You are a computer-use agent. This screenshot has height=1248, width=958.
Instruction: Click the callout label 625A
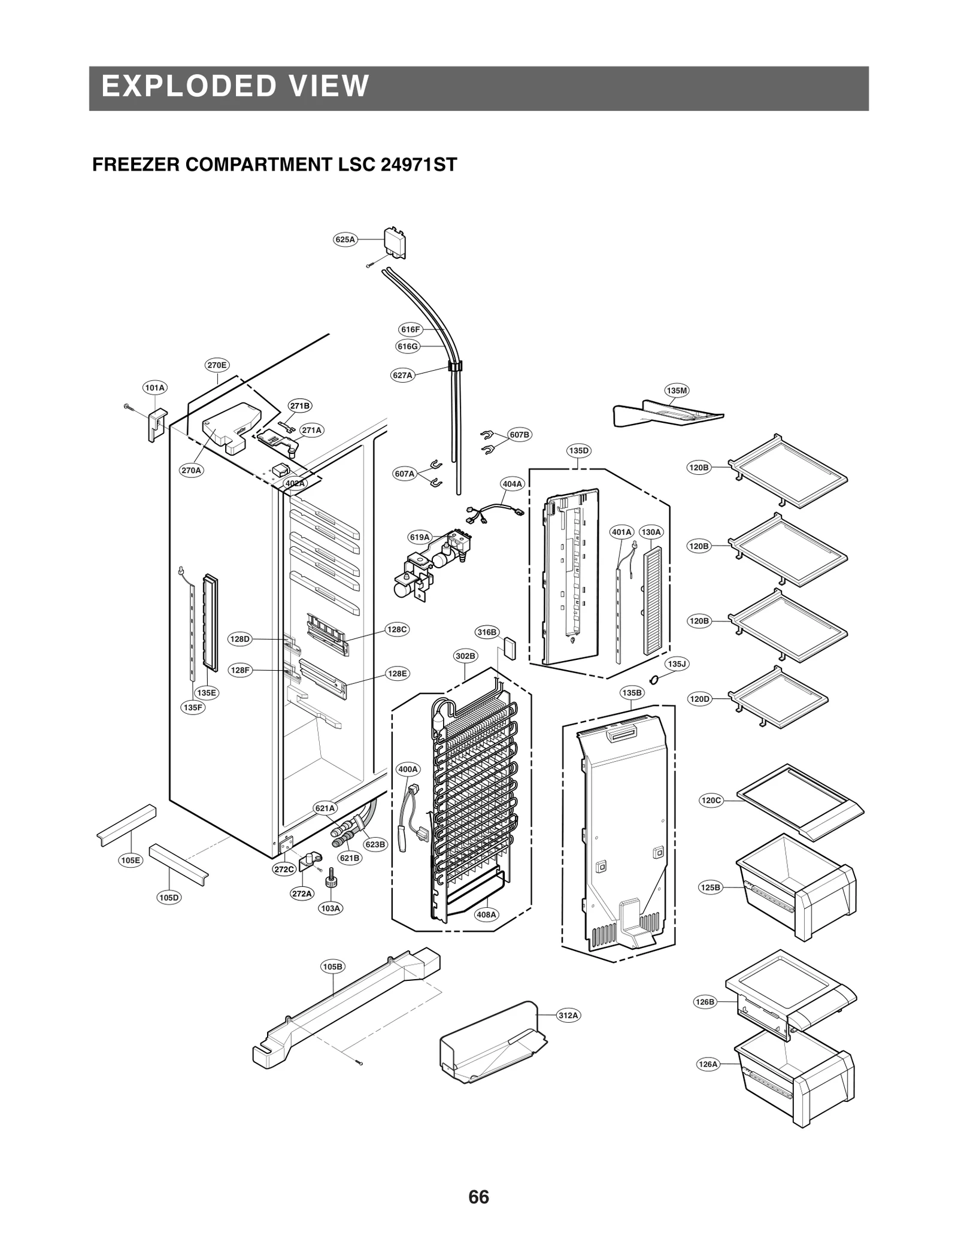tap(345, 240)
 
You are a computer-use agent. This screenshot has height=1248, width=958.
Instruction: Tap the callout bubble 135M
tap(677, 390)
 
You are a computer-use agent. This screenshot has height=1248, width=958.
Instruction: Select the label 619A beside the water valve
tap(420, 537)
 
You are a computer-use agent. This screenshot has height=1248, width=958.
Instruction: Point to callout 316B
tap(487, 632)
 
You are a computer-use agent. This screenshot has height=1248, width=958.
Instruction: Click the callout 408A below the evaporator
tap(486, 914)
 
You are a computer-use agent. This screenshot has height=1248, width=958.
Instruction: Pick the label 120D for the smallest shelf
tap(699, 698)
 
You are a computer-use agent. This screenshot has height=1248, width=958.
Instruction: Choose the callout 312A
tap(568, 1015)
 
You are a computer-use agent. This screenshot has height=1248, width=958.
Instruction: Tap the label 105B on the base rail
tap(332, 966)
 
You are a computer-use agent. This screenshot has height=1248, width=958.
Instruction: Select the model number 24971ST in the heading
tap(419, 165)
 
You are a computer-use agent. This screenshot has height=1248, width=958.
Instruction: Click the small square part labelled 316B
tap(510, 648)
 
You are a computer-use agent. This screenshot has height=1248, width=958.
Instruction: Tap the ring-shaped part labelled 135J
tap(654, 678)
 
